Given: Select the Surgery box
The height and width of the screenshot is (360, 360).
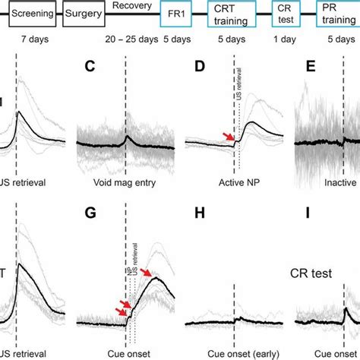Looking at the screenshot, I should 84,13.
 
